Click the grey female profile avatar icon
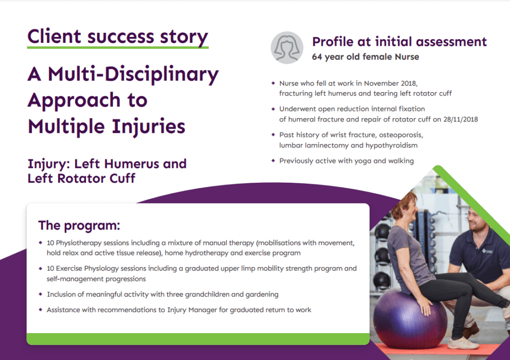click(287, 47)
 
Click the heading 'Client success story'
click(118, 37)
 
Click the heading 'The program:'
click(79, 225)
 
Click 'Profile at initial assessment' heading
click(399, 42)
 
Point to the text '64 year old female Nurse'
click(365, 57)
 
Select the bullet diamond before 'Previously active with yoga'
click(272, 161)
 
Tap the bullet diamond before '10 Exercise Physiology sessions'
click(40, 268)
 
